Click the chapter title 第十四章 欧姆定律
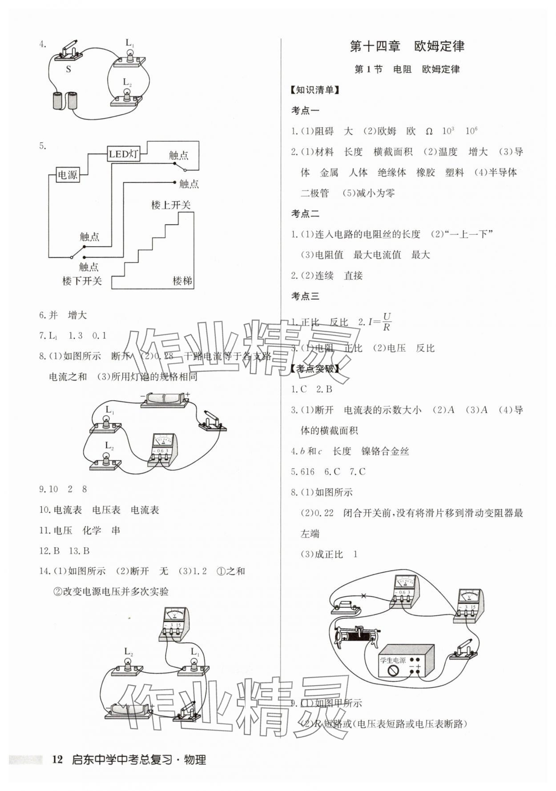coord(407,46)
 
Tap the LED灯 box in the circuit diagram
coord(123,154)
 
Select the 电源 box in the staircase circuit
coord(67,175)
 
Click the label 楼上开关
coord(171,205)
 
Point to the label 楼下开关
coord(82,281)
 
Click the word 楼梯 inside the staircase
coord(182,281)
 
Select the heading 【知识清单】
coord(314,90)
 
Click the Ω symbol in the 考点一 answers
coord(429,132)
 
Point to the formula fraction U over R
coord(387,321)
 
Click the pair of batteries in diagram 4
coord(65,100)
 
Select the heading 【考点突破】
coord(314,369)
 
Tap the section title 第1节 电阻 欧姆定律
coord(407,69)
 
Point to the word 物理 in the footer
coord(195,760)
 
